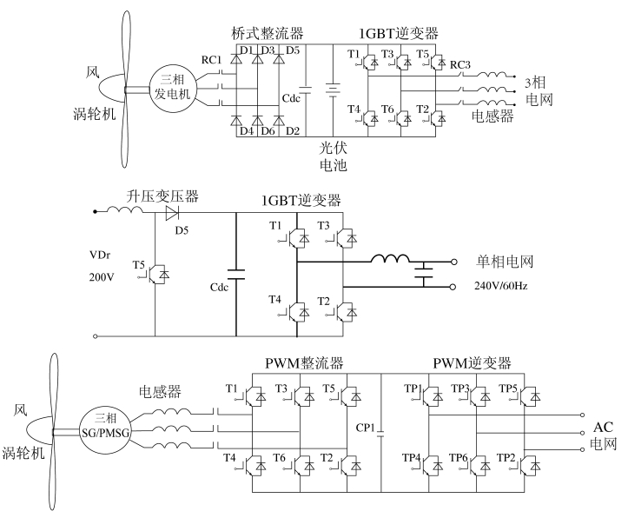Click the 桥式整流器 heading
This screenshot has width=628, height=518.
(x=268, y=33)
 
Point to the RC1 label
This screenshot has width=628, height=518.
(x=211, y=60)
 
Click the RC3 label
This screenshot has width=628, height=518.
(x=460, y=64)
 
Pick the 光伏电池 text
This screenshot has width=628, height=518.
(x=333, y=156)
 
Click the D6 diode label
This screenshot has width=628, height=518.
(x=268, y=131)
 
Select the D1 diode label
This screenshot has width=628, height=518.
(x=247, y=50)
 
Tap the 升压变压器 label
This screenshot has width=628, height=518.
(x=162, y=196)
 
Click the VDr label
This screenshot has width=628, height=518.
(x=100, y=255)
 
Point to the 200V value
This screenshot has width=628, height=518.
(x=102, y=277)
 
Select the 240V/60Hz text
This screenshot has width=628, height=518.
(x=500, y=286)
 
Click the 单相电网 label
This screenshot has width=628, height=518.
(x=505, y=262)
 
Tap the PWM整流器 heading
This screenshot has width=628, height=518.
(x=304, y=363)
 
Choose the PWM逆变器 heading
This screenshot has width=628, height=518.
(x=472, y=363)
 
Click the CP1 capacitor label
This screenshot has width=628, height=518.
(x=365, y=428)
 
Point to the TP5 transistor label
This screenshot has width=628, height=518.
(x=508, y=388)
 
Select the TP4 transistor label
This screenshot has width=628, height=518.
(x=412, y=457)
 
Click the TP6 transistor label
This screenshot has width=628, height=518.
(x=458, y=457)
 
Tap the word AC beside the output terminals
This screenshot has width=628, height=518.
(x=603, y=427)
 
